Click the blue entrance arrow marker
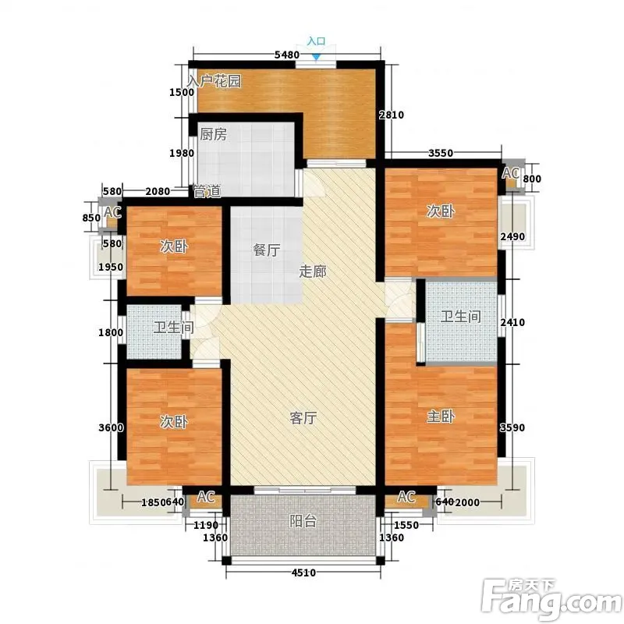pyautogui.click(x=316, y=57)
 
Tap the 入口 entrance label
pyautogui.click(x=317, y=41)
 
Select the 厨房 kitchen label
pyautogui.click(x=213, y=134)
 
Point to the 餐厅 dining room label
pyautogui.click(x=266, y=250)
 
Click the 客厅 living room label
pyautogui.click(x=303, y=418)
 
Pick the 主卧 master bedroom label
pyautogui.click(x=441, y=417)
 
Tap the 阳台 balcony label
pyautogui.click(x=303, y=521)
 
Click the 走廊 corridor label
pyautogui.click(x=313, y=271)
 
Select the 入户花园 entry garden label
pyautogui.click(x=214, y=81)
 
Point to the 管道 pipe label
pyautogui.click(x=207, y=191)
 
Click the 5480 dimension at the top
pyautogui.click(x=287, y=55)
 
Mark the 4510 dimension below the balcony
pyautogui.click(x=303, y=573)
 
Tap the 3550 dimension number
pyautogui.click(x=441, y=153)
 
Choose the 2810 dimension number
pyautogui.click(x=392, y=115)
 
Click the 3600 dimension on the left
pyautogui.click(x=111, y=427)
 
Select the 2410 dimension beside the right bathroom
pyautogui.click(x=512, y=322)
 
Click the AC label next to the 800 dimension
pyautogui.click(x=511, y=173)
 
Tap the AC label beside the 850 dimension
pyautogui.click(x=112, y=212)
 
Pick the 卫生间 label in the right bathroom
pyautogui.click(x=461, y=317)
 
